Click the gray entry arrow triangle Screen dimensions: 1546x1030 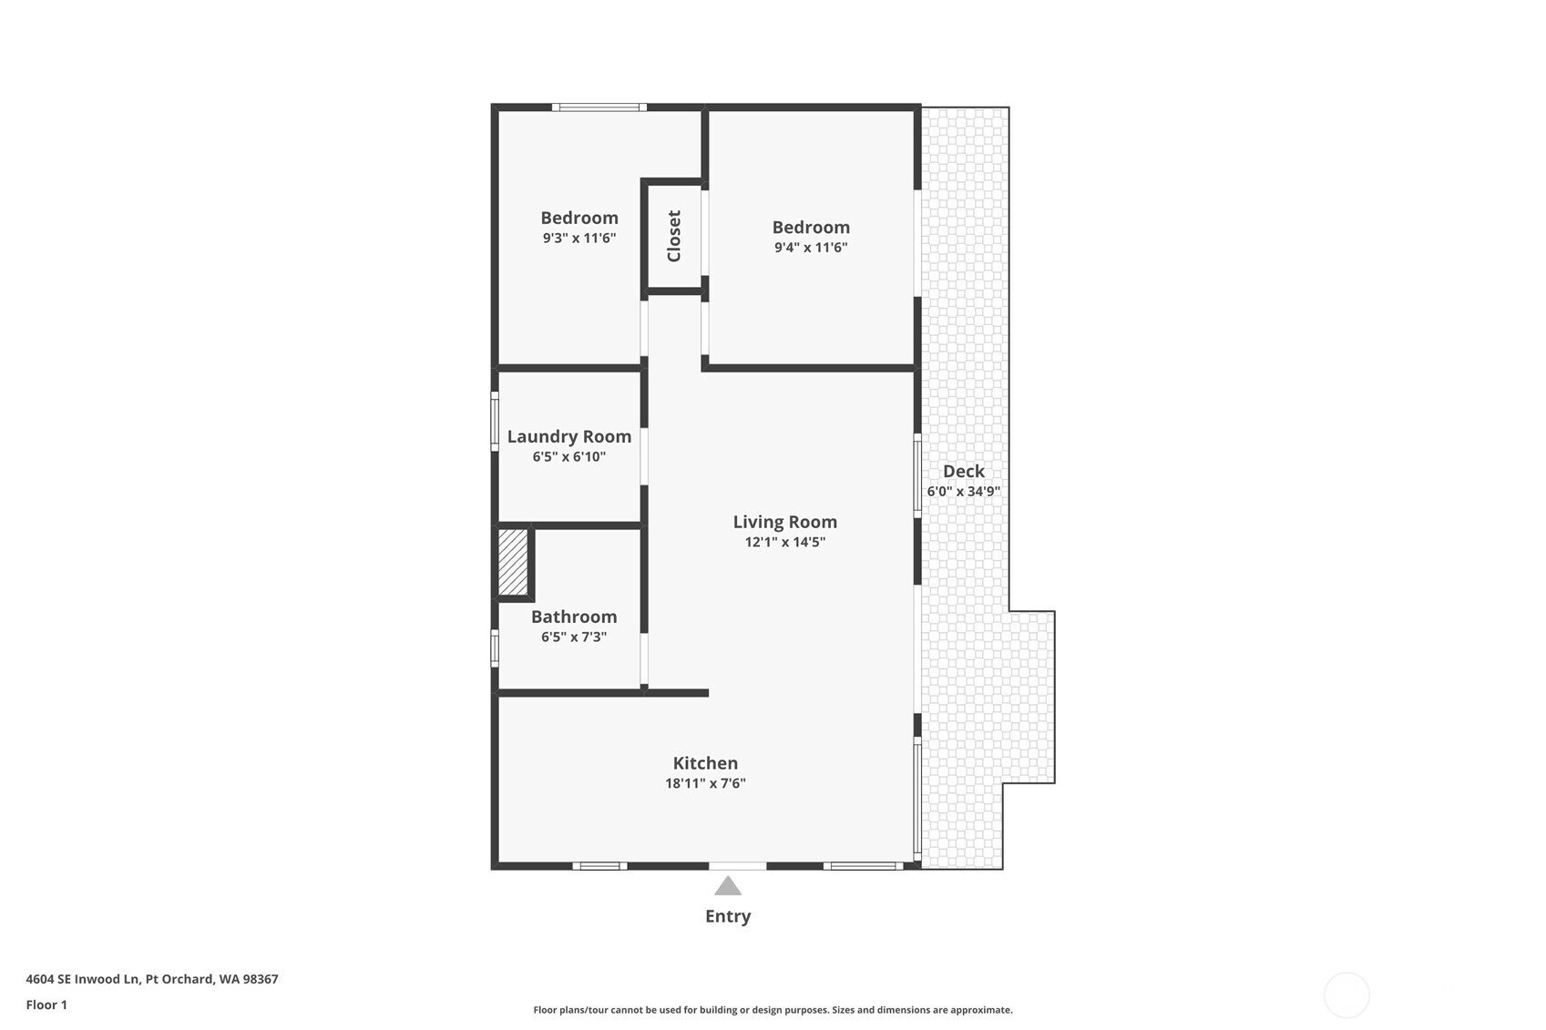coord(727,886)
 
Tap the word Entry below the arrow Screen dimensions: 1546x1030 coord(727,916)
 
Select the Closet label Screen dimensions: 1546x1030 coord(674,236)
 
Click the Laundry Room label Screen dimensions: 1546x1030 coord(569,436)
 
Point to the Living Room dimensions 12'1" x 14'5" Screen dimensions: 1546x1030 coord(785,542)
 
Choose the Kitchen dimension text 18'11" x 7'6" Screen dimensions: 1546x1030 coord(705,783)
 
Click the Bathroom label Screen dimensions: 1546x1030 coord(574,617)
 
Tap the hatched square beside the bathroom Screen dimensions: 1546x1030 coord(513,562)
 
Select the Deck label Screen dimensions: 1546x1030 coord(964,471)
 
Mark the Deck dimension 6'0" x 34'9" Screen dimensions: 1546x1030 coord(964,491)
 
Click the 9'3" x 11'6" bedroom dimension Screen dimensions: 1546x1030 coord(579,238)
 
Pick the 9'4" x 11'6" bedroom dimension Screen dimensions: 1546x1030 coord(811,247)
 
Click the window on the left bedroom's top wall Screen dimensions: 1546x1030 coord(599,107)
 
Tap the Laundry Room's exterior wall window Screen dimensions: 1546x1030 coord(495,422)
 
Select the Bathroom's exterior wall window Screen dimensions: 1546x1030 coord(495,648)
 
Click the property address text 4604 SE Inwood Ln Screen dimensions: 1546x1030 coord(83,979)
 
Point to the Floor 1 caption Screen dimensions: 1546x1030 coord(47,1005)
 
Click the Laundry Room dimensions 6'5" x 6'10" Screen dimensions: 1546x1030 coord(569,456)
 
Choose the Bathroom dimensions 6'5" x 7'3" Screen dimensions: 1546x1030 coord(574,637)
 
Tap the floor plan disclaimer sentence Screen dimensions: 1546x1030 coord(773,1010)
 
